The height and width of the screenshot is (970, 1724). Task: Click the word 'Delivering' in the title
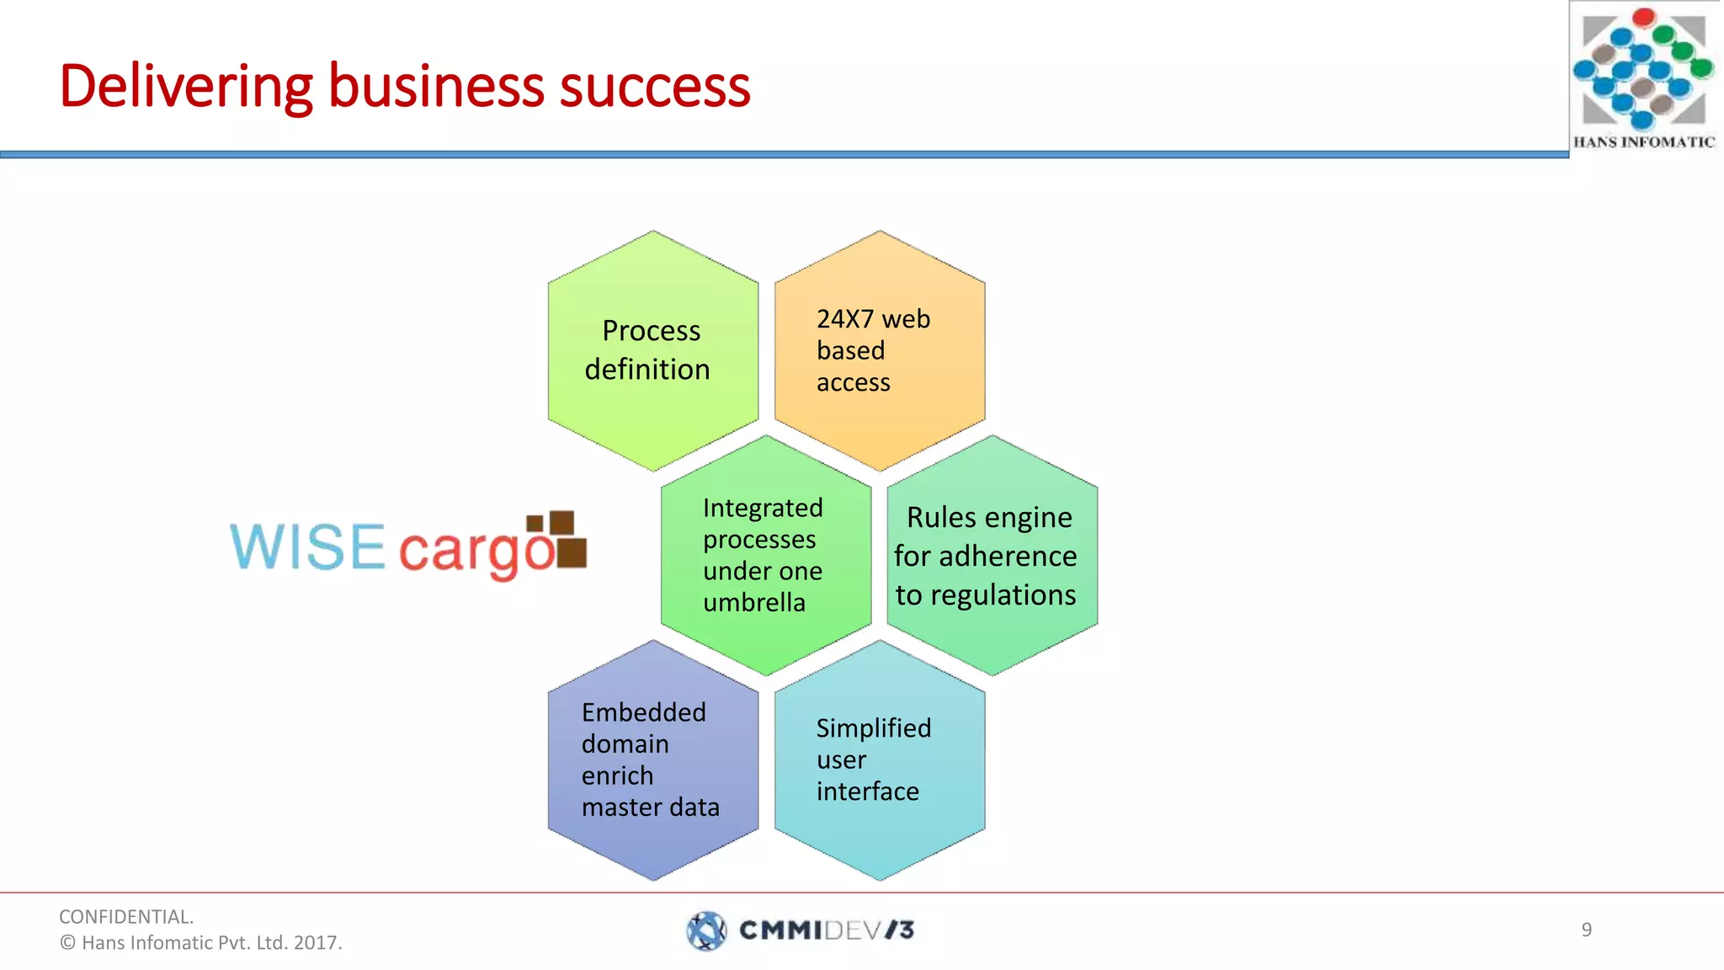[185, 87]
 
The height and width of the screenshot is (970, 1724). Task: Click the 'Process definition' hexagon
[652, 350]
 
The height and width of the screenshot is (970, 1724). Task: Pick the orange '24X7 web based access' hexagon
[880, 350]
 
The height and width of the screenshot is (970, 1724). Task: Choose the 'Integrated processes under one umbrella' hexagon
[765, 555]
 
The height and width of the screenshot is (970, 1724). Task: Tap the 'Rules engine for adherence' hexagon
[992, 555]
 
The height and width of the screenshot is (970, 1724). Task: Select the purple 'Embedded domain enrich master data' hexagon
[652, 759]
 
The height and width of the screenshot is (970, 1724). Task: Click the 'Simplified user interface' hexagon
[880, 759]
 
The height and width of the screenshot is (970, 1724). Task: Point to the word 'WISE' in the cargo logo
[307, 547]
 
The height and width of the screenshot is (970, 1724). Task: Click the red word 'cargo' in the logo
[476, 552]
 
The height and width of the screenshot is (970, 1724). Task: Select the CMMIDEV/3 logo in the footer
[801, 930]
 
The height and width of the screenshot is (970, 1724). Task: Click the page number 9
[1586, 930]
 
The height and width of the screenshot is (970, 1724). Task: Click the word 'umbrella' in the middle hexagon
[754, 603]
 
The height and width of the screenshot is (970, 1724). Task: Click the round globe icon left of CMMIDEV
[706, 930]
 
